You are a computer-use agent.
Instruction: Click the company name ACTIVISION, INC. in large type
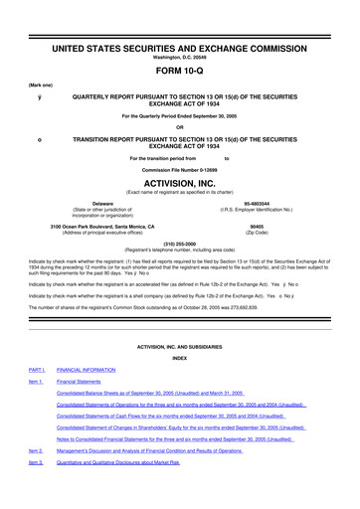coord(180,182)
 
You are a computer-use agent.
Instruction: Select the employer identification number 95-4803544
coord(268,202)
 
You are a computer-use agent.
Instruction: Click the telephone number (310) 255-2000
coord(180,243)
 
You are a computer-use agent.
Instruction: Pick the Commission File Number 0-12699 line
coord(180,168)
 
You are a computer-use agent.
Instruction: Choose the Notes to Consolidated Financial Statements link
coord(174,493)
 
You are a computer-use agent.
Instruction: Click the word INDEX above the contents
coord(180,387)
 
